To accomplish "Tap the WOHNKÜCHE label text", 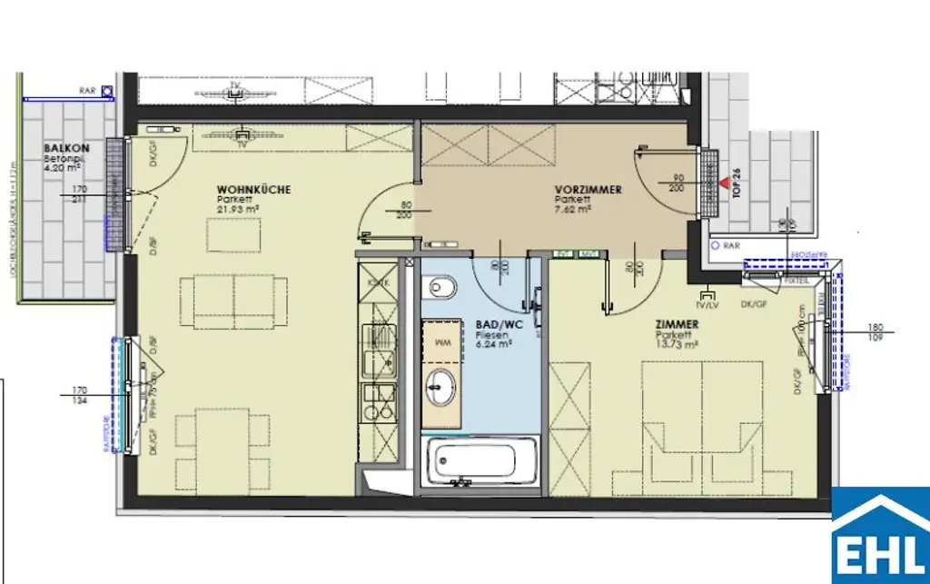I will tap(253, 190).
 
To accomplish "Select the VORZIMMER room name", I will tap(588, 190).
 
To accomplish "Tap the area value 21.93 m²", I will tap(239, 208).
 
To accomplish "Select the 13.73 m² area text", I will tap(678, 344).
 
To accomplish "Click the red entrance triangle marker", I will tap(724, 183).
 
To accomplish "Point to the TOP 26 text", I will tap(737, 183).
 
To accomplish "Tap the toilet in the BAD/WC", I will tap(442, 291).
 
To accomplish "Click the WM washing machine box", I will tap(442, 342).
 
